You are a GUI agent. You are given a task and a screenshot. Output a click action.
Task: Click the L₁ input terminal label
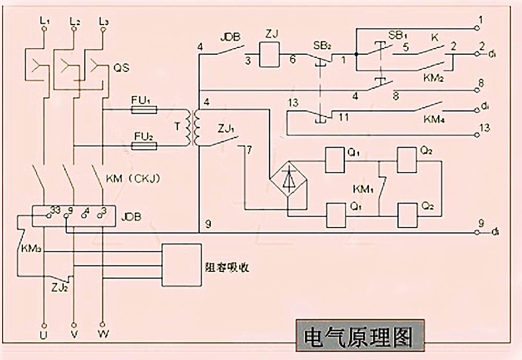point(44,21)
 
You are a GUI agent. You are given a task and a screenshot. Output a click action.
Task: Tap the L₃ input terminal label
point(104,21)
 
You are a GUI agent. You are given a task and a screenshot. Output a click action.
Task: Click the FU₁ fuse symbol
point(144,110)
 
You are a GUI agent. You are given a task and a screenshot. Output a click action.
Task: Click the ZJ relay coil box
point(270,54)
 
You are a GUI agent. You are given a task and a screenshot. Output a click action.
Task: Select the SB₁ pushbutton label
point(397,35)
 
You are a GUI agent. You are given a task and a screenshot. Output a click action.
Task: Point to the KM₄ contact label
point(433,119)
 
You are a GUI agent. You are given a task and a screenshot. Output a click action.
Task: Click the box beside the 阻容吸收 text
point(181,265)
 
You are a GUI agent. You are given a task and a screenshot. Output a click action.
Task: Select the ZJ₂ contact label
point(58,286)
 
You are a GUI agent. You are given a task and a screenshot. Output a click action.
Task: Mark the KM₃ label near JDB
point(31,250)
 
